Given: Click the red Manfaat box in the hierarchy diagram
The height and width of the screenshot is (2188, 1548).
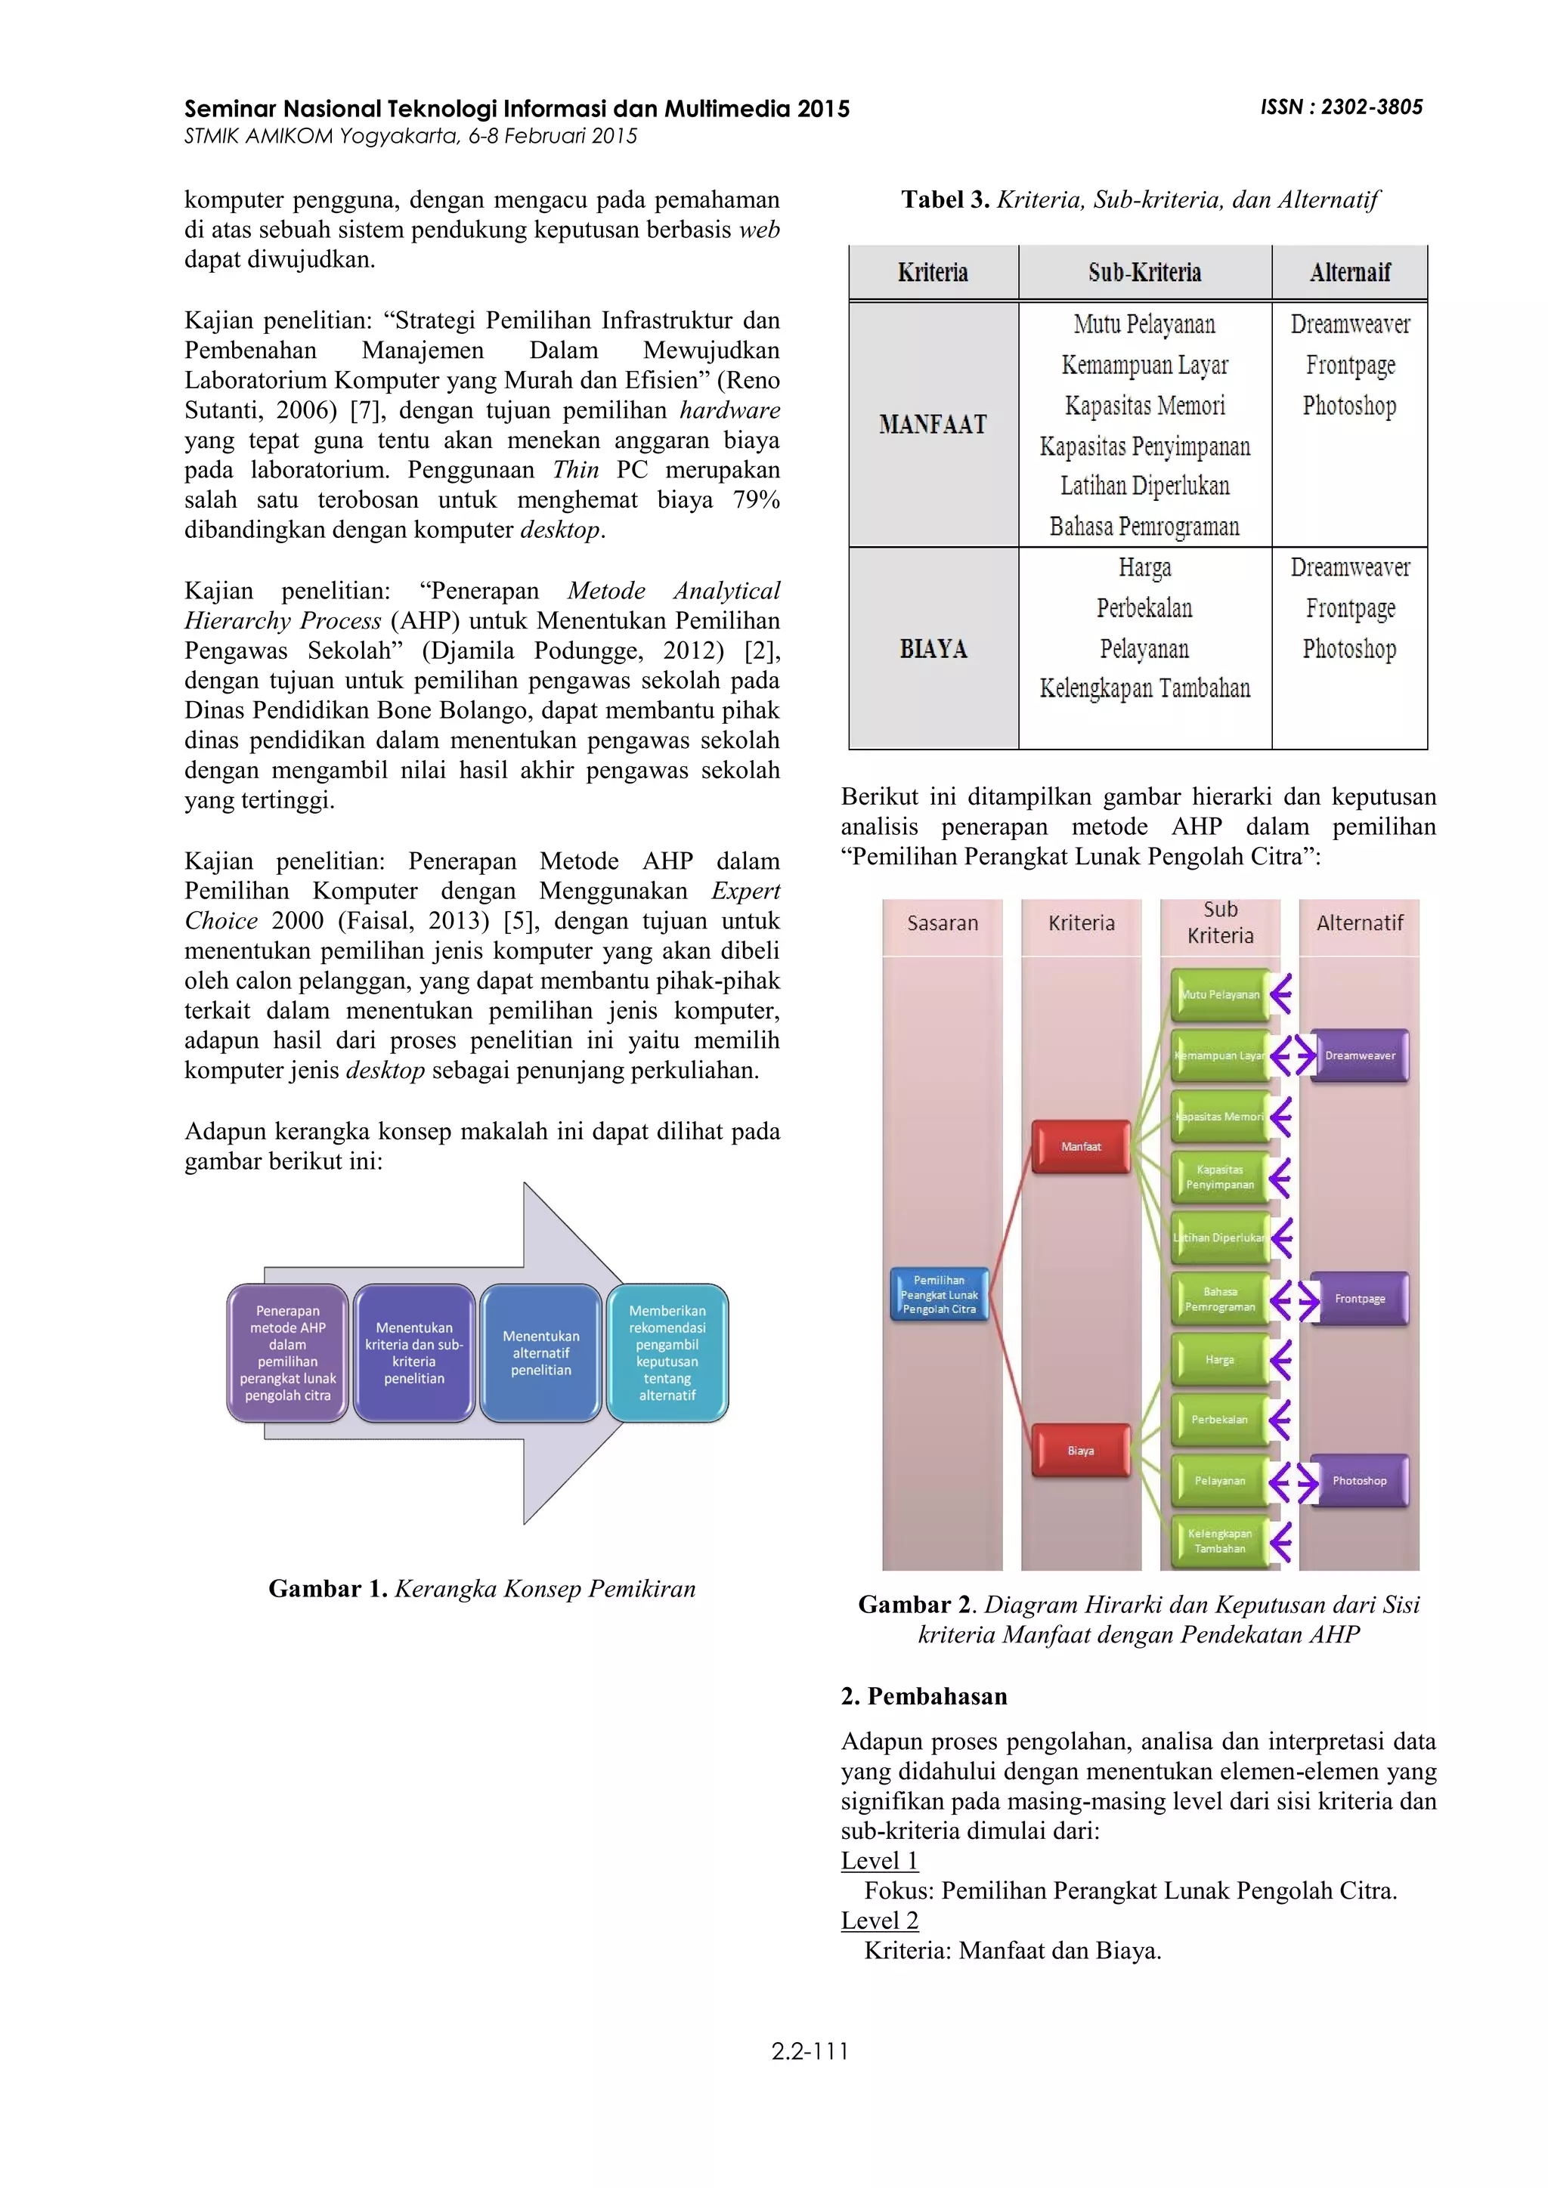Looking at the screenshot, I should (x=1081, y=1146).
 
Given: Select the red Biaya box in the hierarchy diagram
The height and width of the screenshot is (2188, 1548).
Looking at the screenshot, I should (x=1081, y=1451).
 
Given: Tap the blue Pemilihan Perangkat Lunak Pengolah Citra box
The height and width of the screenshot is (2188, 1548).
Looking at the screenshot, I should (x=939, y=1294).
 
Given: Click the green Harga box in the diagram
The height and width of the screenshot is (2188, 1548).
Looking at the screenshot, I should (x=1219, y=1360).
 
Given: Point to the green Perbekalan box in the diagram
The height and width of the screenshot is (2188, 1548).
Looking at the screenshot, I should (x=1219, y=1419).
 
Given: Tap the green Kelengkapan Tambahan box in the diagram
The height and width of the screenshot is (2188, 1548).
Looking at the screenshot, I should (x=1219, y=1541).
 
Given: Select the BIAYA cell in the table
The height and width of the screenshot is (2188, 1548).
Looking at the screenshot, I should (x=933, y=649).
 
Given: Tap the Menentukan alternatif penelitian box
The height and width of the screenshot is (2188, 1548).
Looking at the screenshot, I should (x=540, y=1353).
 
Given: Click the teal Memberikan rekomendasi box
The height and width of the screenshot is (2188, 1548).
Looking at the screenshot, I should (x=667, y=1353).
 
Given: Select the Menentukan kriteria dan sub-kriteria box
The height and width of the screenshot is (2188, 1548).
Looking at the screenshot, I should (x=413, y=1353).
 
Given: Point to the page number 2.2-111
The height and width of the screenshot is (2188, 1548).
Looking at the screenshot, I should (x=810, y=2052).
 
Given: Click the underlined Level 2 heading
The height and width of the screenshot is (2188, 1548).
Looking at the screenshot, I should (x=879, y=1921).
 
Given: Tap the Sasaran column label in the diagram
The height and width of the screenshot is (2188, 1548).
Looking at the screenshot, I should (x=942, y=922).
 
